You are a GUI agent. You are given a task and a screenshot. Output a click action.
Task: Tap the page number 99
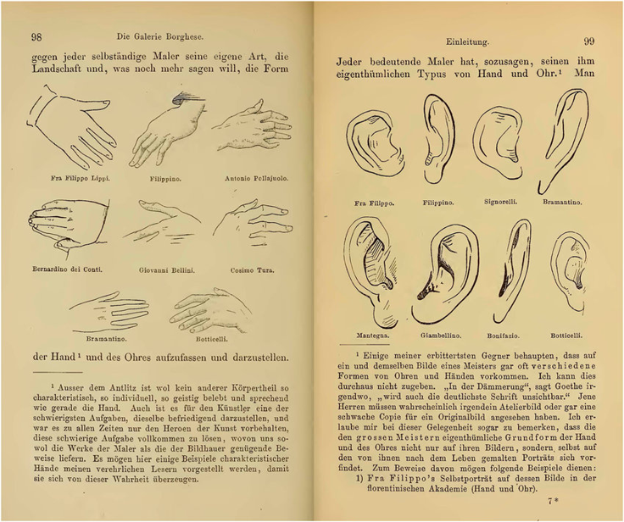[x=588, y=41]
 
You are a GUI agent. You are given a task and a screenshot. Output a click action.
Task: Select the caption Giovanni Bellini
[x=167, y=270]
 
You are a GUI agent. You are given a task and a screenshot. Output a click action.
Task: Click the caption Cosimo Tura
[x=252, y=270]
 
